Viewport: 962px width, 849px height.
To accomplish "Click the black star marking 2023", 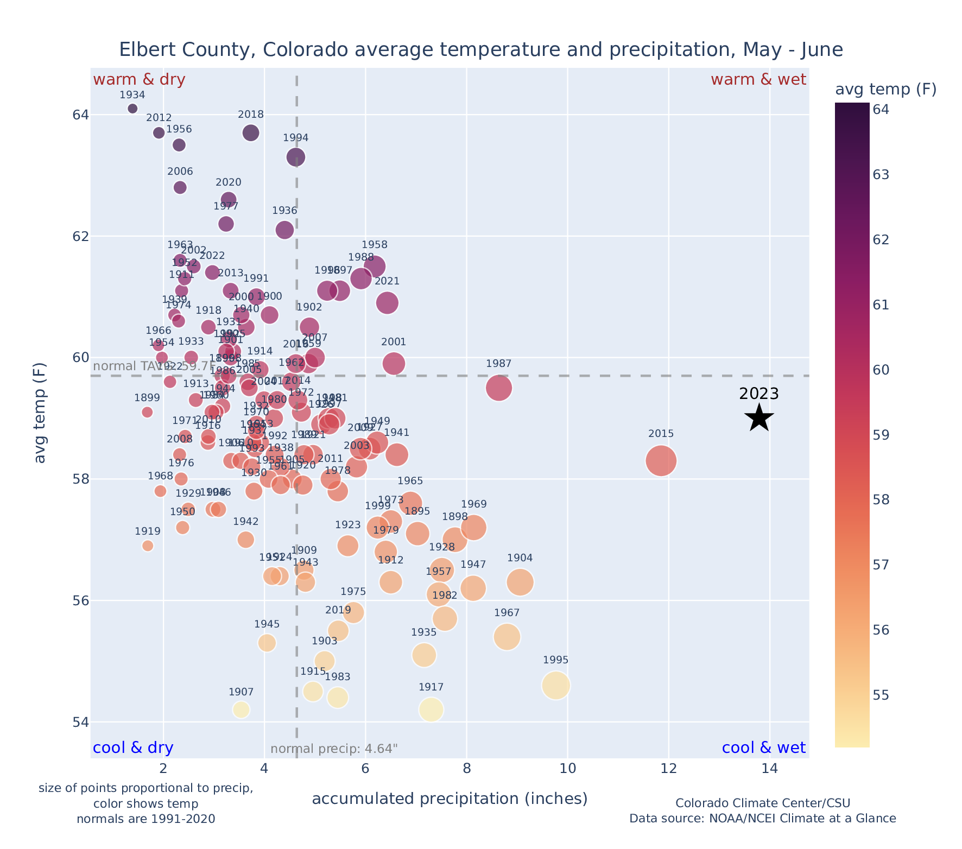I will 759,418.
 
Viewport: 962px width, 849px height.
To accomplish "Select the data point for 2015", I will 661,461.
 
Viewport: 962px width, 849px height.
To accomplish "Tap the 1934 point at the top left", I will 132,109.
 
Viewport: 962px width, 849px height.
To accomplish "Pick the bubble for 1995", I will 555,686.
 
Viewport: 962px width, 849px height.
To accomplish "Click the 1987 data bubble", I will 498,388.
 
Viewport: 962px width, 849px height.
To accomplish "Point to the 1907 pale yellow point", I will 241,709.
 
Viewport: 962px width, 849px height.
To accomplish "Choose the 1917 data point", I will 431,709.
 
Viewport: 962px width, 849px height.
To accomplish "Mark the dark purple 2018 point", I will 251,133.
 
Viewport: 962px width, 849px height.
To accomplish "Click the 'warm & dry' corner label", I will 139,80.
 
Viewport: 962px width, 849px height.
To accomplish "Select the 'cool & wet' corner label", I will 763,748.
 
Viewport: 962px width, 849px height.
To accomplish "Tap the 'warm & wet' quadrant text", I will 758,80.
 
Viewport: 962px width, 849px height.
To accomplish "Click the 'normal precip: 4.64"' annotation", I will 334,749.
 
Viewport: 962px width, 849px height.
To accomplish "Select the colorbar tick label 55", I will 881,695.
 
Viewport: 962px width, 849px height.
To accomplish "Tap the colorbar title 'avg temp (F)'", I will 885,90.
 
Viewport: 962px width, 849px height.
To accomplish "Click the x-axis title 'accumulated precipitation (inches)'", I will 450,799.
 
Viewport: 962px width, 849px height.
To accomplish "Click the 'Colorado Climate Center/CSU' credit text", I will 762,803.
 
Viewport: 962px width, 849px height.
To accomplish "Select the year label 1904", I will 520,558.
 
